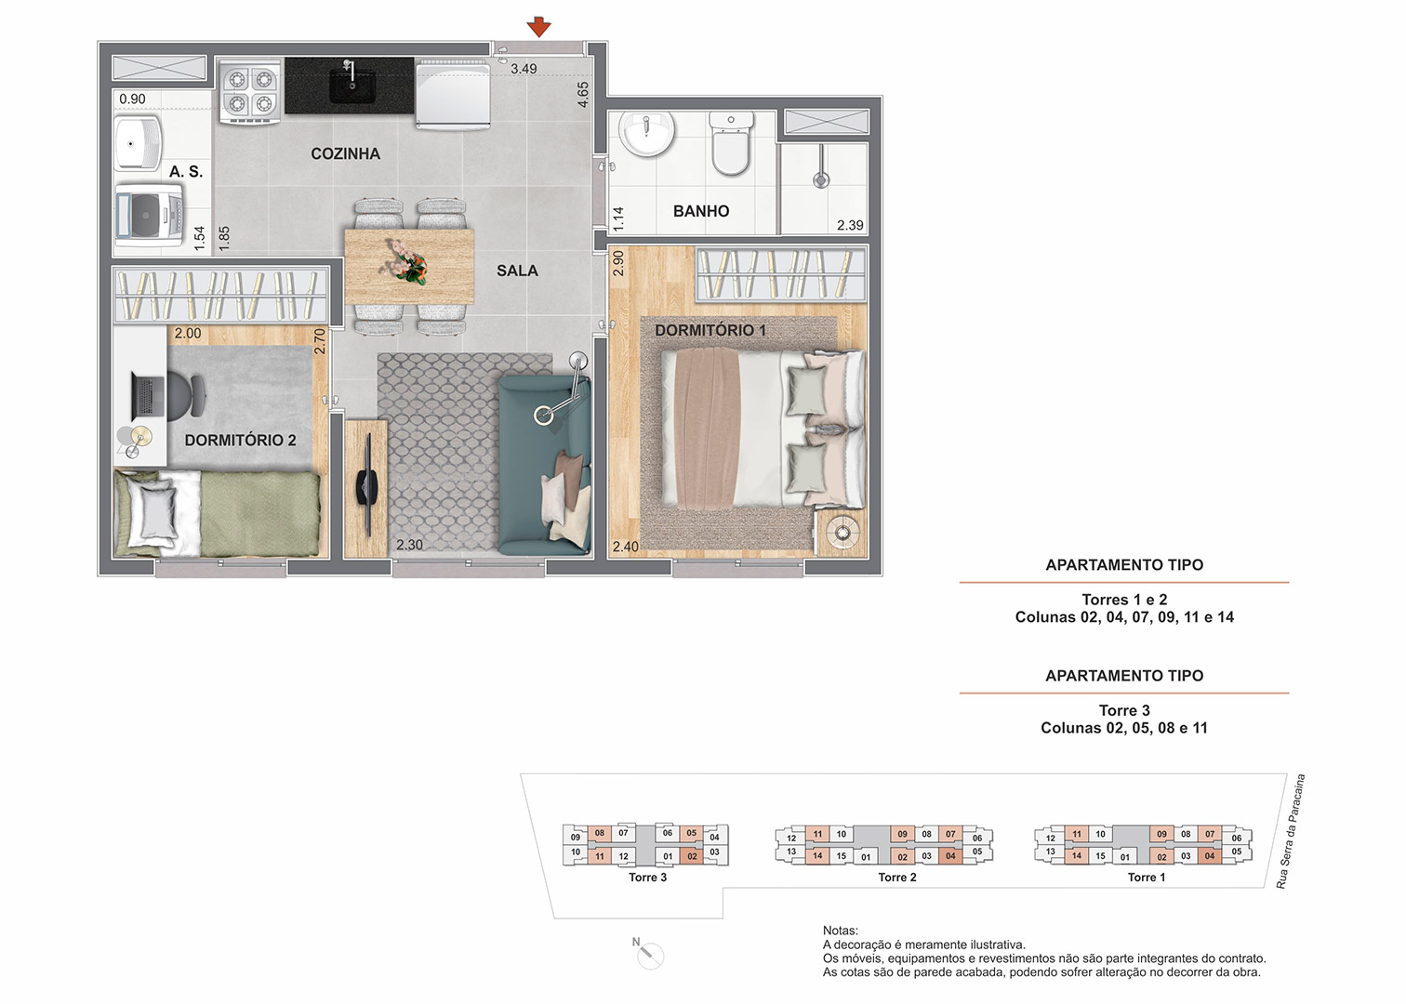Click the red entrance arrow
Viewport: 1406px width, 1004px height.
tap(538, 28)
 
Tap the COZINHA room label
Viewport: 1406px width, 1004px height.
tap(345, 153)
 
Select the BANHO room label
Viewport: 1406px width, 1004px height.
tap(701, 211)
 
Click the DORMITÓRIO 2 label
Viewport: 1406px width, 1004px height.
tap(241, 440)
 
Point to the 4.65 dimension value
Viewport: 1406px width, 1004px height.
tap(583, 95)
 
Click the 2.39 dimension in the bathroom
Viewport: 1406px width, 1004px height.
tap(850, 225)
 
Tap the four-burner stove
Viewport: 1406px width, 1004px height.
tap(250, 91)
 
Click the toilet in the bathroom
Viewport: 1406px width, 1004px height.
tap(731, 144)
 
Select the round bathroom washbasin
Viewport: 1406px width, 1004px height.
tap(646, 133)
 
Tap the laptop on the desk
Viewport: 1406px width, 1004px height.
tap(148, 396)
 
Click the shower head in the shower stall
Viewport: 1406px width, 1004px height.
tap(821, 174)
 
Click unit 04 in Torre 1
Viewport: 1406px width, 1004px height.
tap(1210, 856)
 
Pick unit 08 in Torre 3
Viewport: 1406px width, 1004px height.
tap(600, 833)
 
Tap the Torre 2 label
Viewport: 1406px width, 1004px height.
tap(897, 878)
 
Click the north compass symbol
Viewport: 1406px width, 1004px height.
tap(649, 955)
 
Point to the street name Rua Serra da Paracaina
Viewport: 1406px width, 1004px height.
tap(1290, 831)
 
